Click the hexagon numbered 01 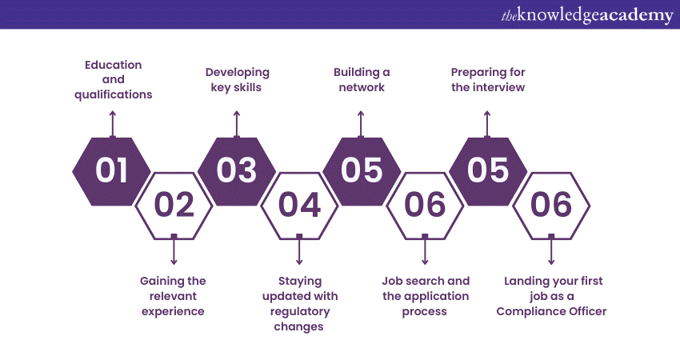click(x=111, y=171)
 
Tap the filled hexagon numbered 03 click(x=237, y=171)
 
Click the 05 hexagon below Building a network click(x=362, y=171)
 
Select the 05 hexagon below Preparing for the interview click(x=488, y=171)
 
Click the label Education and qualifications click(x=113, y=80)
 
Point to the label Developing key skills click(x=238, y=80)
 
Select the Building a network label click(x=362, y=80)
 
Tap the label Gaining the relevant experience click(x=173, y=296)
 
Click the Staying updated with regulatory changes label click(x=300, y=304)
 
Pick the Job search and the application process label click(x=426, y=296)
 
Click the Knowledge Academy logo click(x=587, y=15)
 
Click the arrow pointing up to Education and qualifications click(x=113, y=125)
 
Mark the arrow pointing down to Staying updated click(x=299, y=250)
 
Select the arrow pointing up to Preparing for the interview click(x=487, y=125)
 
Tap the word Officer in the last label click(x=587, y=311)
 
